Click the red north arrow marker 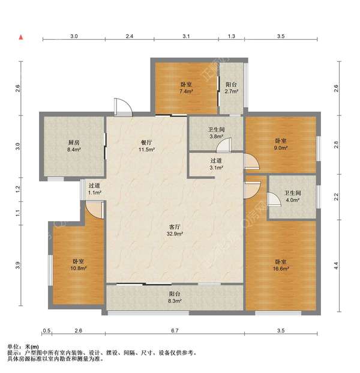[21, 37]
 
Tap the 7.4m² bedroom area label [186, 91]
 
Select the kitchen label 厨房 [74, 143]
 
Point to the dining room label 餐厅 [146, 142]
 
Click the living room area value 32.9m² [175, 234]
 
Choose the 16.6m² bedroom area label [281, 268]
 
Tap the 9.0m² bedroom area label [281, 148]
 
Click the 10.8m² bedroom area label [78, 268]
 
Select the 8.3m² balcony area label [175, 301]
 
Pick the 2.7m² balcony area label [232, 91]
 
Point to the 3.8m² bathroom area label [216, 136]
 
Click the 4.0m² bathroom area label [293, 200]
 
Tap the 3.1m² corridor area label [216, 168]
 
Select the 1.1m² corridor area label [95, 192]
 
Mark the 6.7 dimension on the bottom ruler [175, 330]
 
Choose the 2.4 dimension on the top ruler [130, 36]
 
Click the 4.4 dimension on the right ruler [336, 265]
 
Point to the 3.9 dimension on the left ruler [18, 265]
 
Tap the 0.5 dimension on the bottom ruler [47, 330]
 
